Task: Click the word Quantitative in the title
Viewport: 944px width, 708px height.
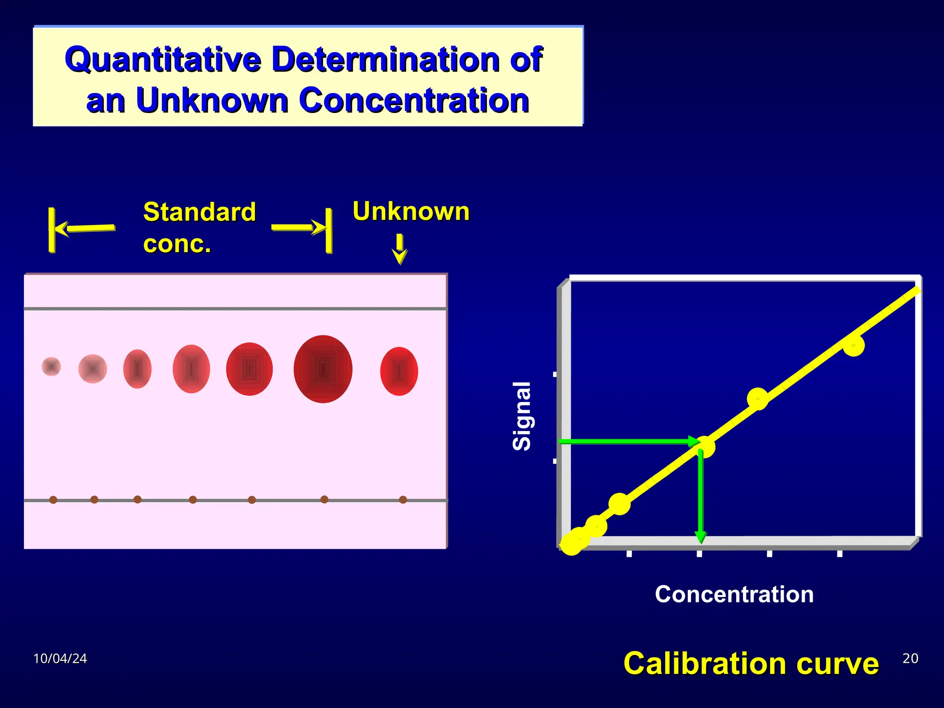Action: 163,59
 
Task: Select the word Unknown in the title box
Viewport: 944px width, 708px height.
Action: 212,100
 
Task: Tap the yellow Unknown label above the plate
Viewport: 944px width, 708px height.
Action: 411,212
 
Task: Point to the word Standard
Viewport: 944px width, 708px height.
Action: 199,212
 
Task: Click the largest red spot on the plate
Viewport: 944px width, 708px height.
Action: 323,369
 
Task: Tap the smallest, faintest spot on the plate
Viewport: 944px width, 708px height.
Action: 51,366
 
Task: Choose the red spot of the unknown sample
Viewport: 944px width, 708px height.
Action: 399,371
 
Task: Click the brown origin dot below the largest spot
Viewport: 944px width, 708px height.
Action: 324,499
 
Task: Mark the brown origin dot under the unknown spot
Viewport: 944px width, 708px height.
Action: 403,500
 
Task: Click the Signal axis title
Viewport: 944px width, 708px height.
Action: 522,416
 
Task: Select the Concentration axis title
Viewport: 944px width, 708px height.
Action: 734,594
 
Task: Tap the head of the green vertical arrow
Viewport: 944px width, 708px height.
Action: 700,537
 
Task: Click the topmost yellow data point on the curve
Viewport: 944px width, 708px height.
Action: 853,346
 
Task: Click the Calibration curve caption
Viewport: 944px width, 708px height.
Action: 751,663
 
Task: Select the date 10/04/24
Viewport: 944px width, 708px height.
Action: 60,659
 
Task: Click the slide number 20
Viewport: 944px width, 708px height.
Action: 910,658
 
